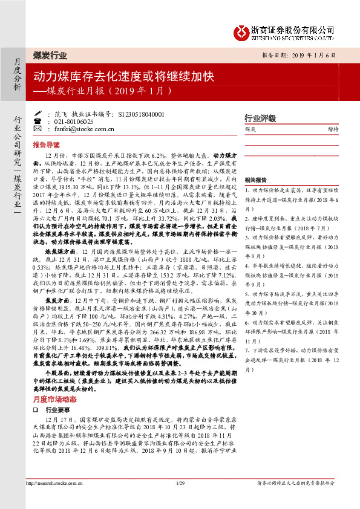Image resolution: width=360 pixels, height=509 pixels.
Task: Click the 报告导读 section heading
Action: click(47, 145)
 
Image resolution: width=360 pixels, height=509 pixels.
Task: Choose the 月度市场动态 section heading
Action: click(54, 400)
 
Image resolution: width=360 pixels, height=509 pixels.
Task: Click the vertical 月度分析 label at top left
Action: click(16, 74)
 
